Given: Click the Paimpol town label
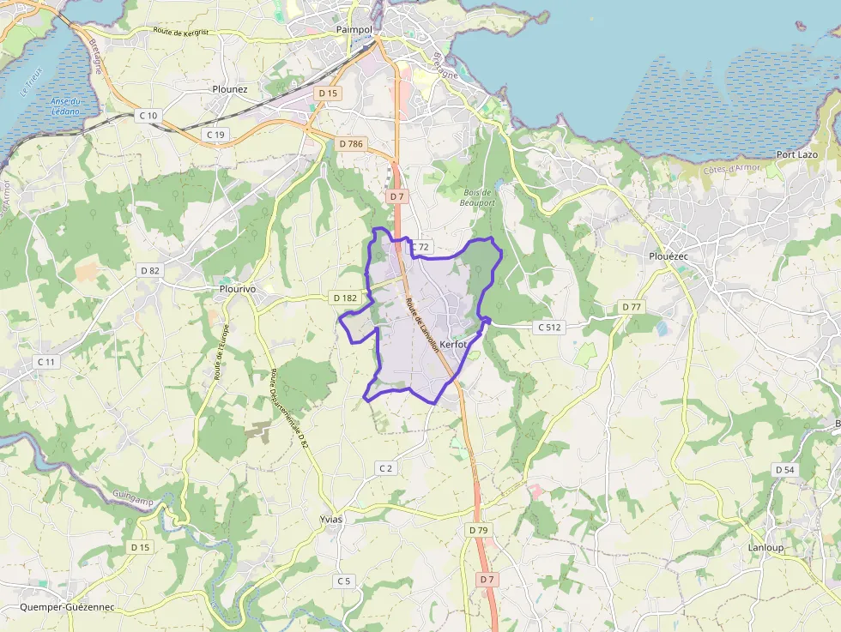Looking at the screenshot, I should pos(354,30).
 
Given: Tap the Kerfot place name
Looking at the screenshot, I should pos(454,345).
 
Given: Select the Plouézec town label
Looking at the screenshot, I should pos(670,256).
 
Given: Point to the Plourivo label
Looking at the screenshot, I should pos(238,290).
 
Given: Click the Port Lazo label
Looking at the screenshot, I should pos(796,154).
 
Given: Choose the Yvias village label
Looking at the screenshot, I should pos(330,520).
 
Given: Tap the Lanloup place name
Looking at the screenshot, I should pos(766,547).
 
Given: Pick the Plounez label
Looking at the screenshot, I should pos(230,88).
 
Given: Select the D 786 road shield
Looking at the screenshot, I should pos(351,144).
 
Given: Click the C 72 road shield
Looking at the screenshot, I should pos(419,247).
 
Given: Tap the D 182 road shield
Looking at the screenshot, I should pos(344,298).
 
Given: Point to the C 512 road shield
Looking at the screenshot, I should pos(549,327).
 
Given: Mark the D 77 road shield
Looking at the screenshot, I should pos(631,307).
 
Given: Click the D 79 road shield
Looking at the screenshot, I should pos(478,530).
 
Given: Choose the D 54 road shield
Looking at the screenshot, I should pos(784,470).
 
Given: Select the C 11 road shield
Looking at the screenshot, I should pos(46,362).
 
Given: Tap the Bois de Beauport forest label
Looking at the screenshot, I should pos(477,198).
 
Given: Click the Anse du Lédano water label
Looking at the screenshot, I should pos(64,106).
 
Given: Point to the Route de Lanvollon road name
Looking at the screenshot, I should pos(421,323).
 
